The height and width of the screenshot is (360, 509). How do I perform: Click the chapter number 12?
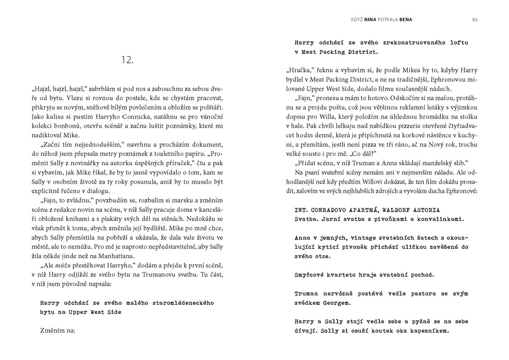[127, 60]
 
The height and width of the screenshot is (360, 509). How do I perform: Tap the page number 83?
[475, 19]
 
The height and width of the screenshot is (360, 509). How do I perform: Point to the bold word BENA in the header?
[405, 19]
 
